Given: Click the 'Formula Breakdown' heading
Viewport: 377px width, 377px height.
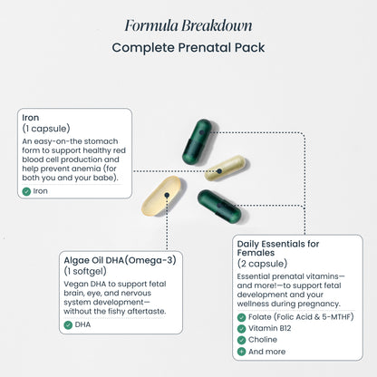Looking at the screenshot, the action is coord(188,25).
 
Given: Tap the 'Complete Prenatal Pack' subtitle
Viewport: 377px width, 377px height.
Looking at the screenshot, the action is coord(188,47).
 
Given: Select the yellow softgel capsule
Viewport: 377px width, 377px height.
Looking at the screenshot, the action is coord(161,196).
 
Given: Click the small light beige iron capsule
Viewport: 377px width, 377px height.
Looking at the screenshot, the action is coord(225,168).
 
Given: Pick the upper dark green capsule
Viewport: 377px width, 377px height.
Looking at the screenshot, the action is coord(197,142).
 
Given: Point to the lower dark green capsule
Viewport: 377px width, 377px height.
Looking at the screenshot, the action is coord(219,207).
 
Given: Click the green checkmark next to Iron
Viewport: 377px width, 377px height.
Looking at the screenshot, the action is coord(26,191).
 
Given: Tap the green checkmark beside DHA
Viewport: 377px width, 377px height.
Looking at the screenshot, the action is coord(68,325).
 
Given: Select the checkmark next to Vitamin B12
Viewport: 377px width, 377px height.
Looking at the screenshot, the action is coord(241,329).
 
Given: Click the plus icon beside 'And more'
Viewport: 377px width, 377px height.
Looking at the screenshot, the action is coord(241,352).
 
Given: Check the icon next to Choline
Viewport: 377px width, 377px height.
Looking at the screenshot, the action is coord(241,340).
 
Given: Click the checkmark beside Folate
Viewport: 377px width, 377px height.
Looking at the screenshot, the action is coord(241,317).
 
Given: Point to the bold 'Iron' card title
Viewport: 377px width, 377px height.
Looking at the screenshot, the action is coord(31,118).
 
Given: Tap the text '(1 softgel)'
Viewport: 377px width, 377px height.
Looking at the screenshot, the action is coord(85,271).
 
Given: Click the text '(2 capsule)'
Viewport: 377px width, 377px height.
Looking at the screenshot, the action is coord(262,264).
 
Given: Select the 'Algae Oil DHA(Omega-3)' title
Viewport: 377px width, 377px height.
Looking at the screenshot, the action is coord(120,260).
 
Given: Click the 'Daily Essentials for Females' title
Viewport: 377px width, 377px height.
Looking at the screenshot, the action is coord(278,248).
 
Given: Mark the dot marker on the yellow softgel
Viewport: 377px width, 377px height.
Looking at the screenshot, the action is coord(167,195).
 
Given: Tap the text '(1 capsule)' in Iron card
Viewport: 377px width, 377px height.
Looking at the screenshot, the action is coord(46,129).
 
